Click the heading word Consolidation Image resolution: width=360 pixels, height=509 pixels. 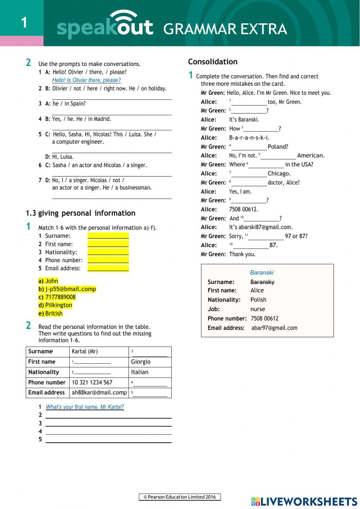212,62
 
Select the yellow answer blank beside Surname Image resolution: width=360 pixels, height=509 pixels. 108,236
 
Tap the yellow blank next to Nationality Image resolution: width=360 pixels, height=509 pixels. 108,252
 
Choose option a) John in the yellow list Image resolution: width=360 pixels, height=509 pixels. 48,281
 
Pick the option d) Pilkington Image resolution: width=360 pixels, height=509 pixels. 55,305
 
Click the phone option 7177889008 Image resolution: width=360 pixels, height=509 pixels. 57,297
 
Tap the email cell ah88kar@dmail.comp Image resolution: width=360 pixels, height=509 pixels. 99,393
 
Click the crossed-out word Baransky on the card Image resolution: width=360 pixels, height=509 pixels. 262,282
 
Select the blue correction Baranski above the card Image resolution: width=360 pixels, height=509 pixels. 262,273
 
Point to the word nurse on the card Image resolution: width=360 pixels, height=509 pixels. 257,309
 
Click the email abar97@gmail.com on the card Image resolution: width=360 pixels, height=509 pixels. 274,328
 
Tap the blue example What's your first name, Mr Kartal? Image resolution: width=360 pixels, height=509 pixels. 85,407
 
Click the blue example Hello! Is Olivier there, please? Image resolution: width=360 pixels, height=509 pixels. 86,80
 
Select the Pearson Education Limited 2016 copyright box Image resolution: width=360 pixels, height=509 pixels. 180,497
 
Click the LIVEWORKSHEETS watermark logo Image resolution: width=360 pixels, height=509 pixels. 304,501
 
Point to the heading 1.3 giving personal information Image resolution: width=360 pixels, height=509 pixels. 81,213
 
